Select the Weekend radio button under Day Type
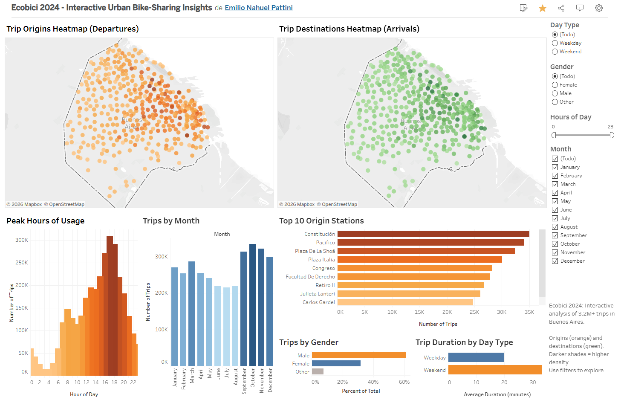[x=555, y=52]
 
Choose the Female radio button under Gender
[x=555, y=85]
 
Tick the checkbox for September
[x=555, y=235]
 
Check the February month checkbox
[x=555, y=176]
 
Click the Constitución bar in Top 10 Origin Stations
[x=433, y=234]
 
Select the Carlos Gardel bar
[x=405, y=302]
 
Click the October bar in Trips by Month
[x=252, y=304]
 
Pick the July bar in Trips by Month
[x=226, y=326]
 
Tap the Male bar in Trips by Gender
[x=358, y=355]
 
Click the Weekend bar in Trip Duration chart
[x=495, y=370]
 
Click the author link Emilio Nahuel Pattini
[x=258, y=8]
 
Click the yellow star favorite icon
[x=542, y=8]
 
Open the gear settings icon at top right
[x=598, y=8]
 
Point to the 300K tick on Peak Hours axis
[x=21, y=240]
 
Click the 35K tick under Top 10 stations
[x=529, y=312]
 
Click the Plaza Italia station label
[x=321, y=260]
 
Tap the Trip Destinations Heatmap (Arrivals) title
[x=349, y=29]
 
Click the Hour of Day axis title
[x=84, y=394]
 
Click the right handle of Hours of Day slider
[x=612, y=135]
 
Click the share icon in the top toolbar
[x=561, y=8]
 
